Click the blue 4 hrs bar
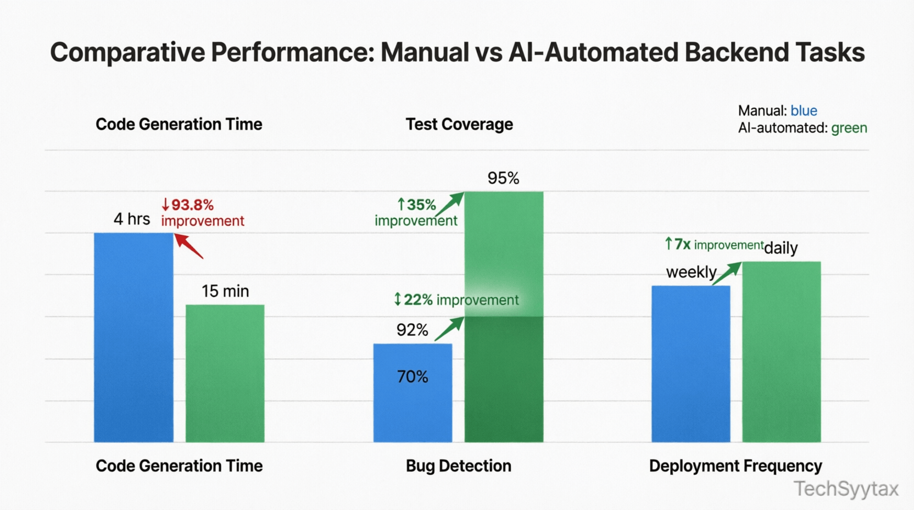coord(133,337)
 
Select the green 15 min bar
coord(225,374)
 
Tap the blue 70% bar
coord(413,392)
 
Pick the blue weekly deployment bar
coord(690,364)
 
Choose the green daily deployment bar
coord(781,352)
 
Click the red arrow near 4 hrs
coord(188,246)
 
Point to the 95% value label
coord(503,178)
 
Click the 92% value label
coord(412,330)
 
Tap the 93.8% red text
coord(192,205)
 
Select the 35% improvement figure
coord(417,205)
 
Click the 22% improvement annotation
coord(456,300)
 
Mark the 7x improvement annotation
coord(714,245)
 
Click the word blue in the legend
coord(804,111)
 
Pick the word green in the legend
coord(849,128)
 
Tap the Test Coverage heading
coord(459,124)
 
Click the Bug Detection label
coord(458,466)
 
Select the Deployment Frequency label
coord(735,466)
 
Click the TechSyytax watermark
coord(846,489)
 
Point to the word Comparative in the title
coord(127,53)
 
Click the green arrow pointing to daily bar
coord(727,273)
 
